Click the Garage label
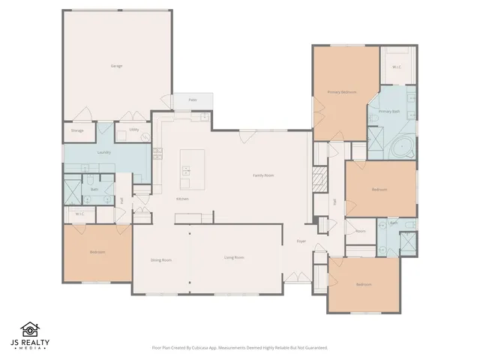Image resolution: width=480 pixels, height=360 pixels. coord(116,66)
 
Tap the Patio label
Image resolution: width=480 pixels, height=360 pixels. coord(192,100)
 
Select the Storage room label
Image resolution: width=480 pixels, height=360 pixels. coord(77,130)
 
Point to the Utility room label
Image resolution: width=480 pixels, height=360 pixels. coord(133,129)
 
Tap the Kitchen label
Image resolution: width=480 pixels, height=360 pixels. coord(181,199)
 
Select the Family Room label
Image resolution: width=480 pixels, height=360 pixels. coord(262,175)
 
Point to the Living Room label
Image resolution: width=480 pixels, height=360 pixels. coord(234,257)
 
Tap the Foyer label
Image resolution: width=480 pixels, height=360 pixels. coord(301,241)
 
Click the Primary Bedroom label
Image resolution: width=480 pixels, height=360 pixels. coord(341,92)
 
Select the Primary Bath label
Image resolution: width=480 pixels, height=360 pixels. coord(389,111)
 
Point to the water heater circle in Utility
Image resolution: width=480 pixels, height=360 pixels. coord(144,136)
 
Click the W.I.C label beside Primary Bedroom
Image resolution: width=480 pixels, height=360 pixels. coord(396,67)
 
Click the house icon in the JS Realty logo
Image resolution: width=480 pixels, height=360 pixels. coord(30,329)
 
